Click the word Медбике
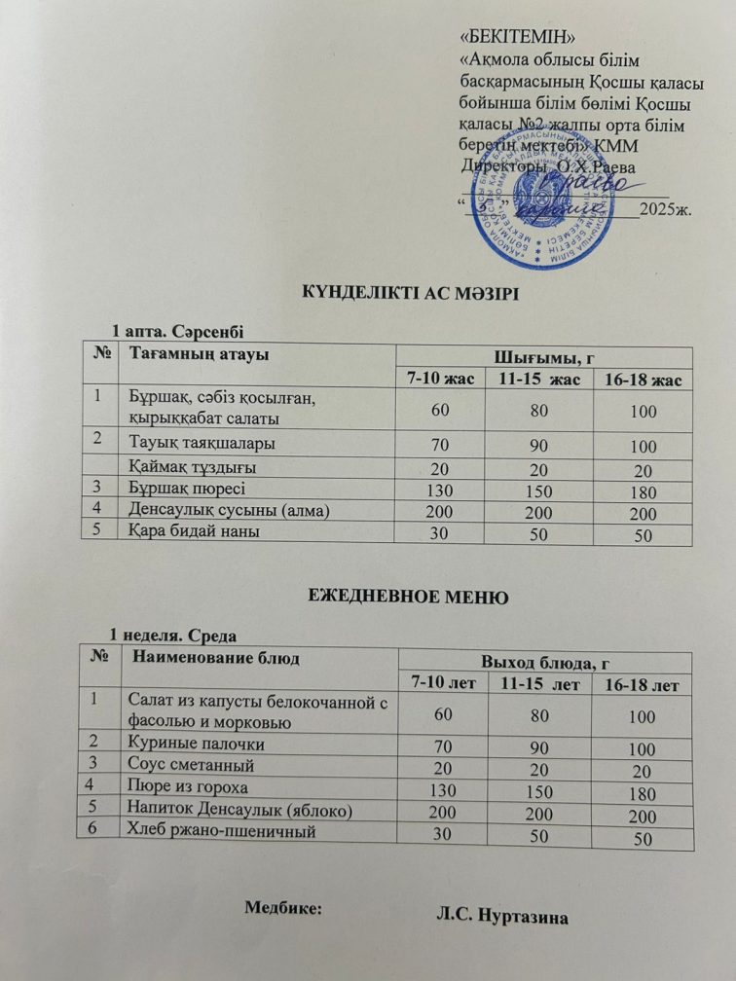click(x=281, y=906)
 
